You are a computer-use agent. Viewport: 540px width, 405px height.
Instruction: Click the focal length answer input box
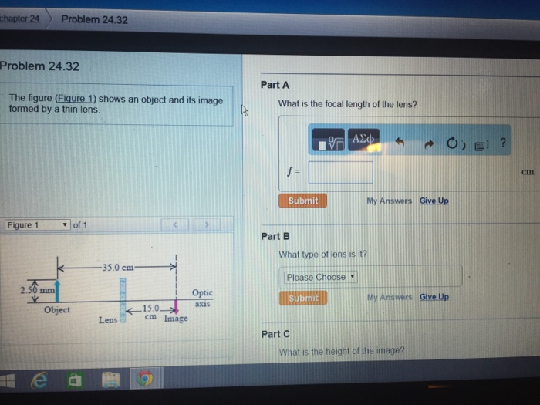point(340,172)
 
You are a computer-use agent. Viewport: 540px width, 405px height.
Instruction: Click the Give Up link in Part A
point(434,201)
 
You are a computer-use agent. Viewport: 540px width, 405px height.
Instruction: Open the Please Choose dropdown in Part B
point(320,277)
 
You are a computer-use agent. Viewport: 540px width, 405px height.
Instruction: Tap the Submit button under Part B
point(302,298)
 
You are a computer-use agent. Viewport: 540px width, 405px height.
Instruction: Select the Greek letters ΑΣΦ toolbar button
point(363,140)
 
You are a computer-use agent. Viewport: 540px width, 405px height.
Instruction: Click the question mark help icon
point(502,143)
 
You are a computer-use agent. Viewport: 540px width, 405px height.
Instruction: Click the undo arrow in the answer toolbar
point(400,143)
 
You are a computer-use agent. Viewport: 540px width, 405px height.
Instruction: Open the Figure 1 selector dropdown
point(37,225)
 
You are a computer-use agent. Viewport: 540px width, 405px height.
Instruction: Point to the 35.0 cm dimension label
point(116,268)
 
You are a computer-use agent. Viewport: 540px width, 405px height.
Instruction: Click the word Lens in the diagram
point(107,319)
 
